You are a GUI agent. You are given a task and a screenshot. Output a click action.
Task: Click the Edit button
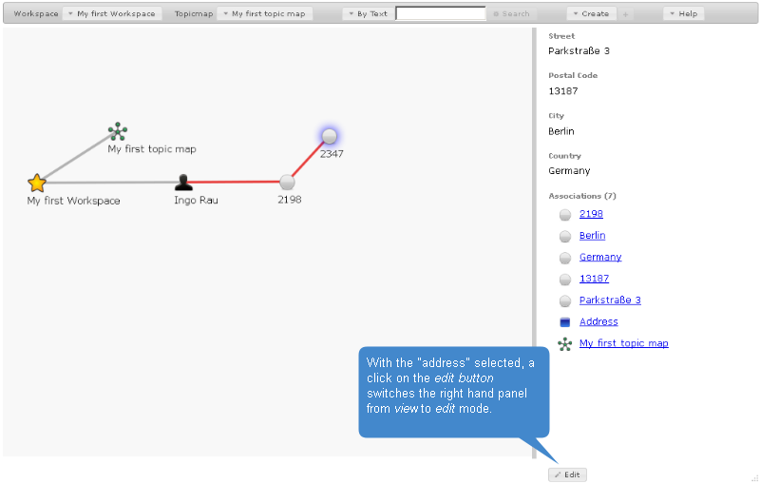pos(567,474)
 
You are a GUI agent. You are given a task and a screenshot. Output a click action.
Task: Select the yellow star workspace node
pos(37,183)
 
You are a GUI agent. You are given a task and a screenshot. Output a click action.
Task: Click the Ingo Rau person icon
pos(184,183)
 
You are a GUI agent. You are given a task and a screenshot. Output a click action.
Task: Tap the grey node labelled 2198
pos(287,182)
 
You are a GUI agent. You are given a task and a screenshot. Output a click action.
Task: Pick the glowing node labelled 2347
pos(330,136)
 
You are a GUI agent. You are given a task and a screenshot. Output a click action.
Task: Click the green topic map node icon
pos(118,131)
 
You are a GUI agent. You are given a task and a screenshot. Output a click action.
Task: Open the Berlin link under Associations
pos(592,236)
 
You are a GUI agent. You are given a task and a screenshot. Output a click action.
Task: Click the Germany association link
pos(599,257)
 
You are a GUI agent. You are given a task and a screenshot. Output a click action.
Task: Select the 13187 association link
pos(594,279)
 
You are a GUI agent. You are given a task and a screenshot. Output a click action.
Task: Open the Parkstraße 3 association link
pos(610,300)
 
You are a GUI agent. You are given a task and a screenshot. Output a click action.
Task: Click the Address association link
pos(598,322)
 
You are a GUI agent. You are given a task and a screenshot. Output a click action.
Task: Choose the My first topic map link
pos(623,343)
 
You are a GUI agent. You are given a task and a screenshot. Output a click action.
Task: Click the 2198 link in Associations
pos(591,214)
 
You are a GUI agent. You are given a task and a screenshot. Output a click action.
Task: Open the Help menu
pos(683,14)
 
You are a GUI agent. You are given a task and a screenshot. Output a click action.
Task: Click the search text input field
pos(440,14)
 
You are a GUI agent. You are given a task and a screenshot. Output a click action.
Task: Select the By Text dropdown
pos(367,14)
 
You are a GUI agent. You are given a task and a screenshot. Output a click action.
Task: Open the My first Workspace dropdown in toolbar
pos(112,14)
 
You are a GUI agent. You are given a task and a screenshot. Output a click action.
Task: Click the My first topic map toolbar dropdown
pos(265,14)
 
